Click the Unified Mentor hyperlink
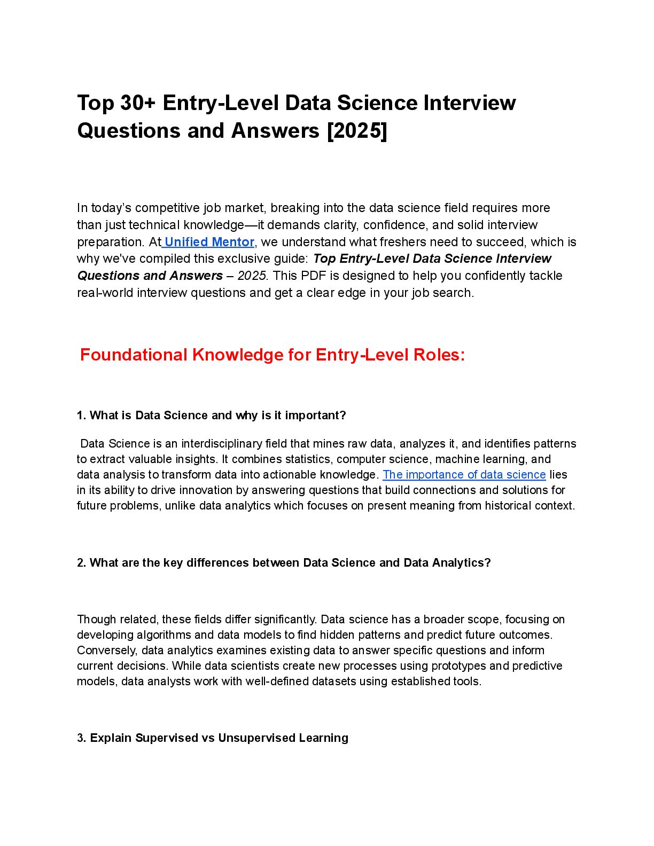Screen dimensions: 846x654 tap(209, 242)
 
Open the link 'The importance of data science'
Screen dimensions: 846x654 tap(464, 475)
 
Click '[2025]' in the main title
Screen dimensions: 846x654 tap(357, 131)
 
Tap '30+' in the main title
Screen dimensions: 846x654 tap(138, 103)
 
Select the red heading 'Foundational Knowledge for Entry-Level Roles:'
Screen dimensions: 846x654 tap(272, 355)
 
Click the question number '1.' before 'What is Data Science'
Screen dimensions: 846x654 tap(82, 416)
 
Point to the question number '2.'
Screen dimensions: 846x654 tap(82, 563)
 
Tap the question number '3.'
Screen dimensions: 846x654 tap(82, 738)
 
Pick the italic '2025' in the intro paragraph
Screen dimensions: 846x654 tap(252, 276)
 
